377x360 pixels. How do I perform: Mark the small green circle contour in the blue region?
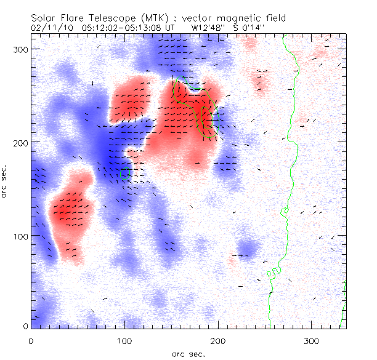126,174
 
